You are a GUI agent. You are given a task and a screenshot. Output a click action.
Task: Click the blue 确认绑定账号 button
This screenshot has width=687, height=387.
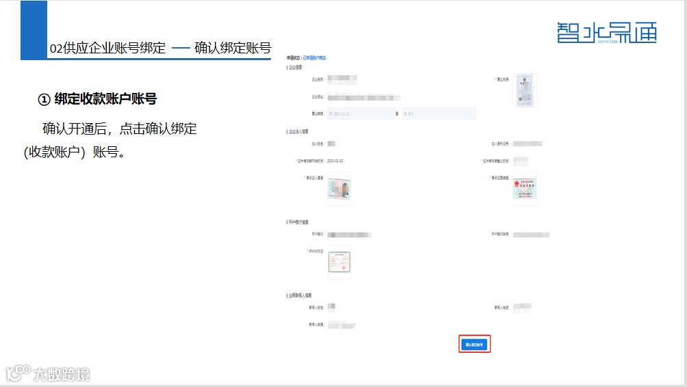point(475,345)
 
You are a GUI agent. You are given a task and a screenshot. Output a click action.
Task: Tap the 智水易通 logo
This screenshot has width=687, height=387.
point(606,32)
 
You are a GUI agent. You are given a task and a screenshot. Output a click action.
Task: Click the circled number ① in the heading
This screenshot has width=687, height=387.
point(44,100)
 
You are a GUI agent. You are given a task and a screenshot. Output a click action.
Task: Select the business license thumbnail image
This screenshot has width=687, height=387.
point(524,90)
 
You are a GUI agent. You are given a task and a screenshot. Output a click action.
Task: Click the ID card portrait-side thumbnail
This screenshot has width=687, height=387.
point(339,188)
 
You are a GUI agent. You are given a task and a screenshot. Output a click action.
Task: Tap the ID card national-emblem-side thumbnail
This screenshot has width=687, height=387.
point(524,188)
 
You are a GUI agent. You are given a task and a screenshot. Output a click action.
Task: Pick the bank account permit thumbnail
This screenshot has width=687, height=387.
point(339,262)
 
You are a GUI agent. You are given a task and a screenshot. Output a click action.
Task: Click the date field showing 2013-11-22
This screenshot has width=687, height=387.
point(363,114)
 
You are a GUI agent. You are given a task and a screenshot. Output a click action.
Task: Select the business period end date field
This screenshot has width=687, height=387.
point(439,114)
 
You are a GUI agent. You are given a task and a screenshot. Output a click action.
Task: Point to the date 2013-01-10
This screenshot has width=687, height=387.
point(335,161)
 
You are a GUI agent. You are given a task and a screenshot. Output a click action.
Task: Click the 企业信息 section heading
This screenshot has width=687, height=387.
point(298,68)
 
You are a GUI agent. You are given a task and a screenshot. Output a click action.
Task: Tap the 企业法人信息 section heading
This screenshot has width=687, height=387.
point(299,131)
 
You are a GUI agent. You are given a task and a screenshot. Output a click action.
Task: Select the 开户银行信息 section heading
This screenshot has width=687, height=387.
point(299,222)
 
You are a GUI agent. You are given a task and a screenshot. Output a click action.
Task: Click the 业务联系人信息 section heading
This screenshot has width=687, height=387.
point(300,295)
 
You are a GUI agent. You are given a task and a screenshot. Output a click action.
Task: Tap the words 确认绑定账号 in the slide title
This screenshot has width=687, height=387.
point(233,48)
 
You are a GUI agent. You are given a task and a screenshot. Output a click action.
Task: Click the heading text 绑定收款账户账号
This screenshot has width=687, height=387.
point(105,100)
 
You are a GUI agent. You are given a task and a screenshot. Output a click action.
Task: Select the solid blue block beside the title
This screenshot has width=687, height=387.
point(34,30)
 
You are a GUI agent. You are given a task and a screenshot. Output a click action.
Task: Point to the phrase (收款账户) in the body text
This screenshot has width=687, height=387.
point(54,152)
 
